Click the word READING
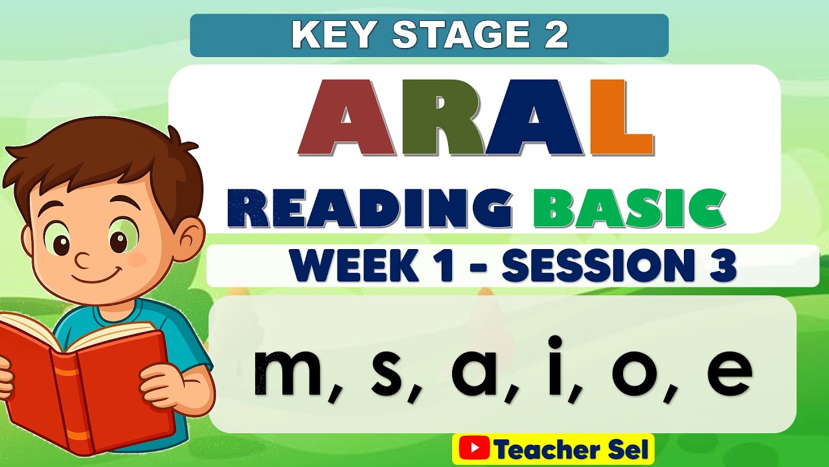pos(369,209)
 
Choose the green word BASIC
pos(628,209)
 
